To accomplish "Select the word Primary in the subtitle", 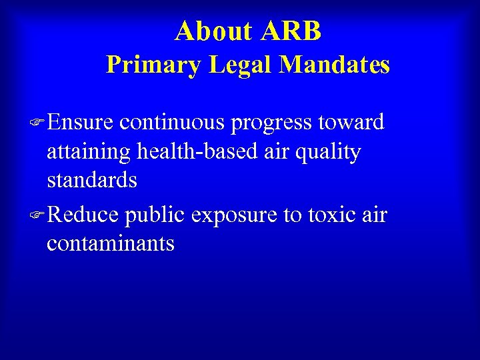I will point(153,65).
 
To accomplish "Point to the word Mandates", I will point(335,65).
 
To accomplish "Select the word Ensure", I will point(80,123).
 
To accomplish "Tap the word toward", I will point(352,123).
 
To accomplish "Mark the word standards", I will point(92,181).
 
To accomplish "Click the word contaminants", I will point(111,243).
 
